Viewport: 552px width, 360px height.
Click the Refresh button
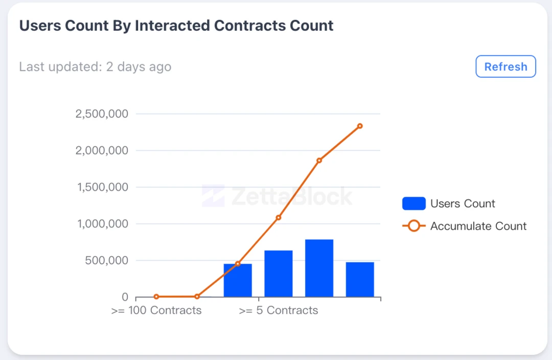point(505,66)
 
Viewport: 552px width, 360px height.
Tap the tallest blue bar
point(319,268)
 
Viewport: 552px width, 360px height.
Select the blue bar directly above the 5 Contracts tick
point(279,274)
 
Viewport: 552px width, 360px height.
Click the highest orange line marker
point(360,126)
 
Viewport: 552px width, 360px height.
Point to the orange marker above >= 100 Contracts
point(156,297)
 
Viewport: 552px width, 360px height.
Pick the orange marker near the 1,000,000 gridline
point(279,218)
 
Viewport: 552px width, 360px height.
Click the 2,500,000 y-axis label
point(102,114)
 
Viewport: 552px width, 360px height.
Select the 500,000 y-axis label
point(107,260)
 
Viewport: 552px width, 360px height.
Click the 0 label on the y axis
point(125,297)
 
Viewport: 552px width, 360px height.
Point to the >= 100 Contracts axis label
point(156,310)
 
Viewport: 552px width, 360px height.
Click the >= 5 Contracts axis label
point(279,310)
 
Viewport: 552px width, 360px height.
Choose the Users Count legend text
point(463,204)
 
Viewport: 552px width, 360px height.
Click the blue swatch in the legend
point(413,204)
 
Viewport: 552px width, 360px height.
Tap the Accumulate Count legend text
point(478,226)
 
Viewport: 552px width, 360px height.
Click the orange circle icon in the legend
point(413,226)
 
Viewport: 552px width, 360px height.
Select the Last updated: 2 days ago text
point(95,67)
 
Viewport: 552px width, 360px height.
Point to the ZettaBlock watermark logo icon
point(213,196)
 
